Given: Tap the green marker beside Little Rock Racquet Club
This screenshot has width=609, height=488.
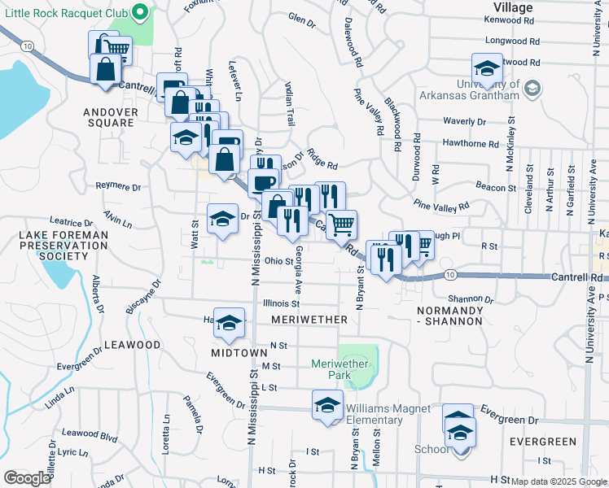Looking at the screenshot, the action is pyautogui.click(x=140, y=12).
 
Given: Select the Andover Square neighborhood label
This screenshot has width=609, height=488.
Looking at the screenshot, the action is pyautogui.click(x=107, y=117).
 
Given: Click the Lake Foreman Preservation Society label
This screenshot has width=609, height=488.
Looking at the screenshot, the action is pyautogui.click(x=52, y=246).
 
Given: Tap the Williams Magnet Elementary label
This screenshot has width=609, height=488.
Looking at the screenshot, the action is pyautogui.click(x=374, y=414).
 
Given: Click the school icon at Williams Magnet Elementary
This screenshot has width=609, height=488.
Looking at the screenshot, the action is pyautogui.click(x=327, y=403).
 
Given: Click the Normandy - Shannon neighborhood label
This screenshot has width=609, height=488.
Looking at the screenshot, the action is pyautogui.click(x=449, y=316).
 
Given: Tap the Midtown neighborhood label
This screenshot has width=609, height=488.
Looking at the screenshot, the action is pyautogui.click(x=239, y=352).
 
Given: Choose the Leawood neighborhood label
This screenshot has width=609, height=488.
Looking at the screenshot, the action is pyautogui.click(x=133, y=345).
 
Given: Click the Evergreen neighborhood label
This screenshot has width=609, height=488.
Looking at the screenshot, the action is pyautogui.click(x=542, y=442).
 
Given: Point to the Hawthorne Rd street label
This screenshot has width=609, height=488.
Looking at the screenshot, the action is pyautogui.click(x=470, y=144).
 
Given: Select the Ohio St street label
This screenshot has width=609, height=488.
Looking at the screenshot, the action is pyautogui.click(x=278, y=261).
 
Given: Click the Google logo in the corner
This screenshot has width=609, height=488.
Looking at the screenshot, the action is pyautogui.click(x=27, y=478).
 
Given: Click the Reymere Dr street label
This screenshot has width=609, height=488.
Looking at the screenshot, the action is pyautogui.click(x=118, y=186).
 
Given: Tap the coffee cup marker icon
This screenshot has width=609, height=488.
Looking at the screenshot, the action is pyautogui.click(x=263, y=182).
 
